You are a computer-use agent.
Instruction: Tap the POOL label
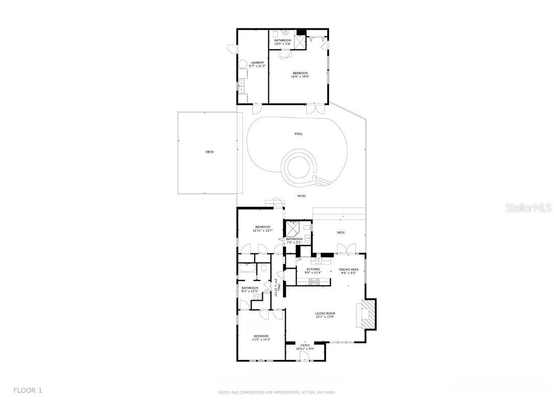click(x=298, y=134)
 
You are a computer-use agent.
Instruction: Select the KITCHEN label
click(x=313, y=269)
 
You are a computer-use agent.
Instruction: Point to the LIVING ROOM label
click(x=324, y=314)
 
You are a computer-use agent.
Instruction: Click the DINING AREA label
click(x=348, y=269)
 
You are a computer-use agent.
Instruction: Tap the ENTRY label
click(x=305, y=346)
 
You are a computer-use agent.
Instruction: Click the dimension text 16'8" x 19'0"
click(x=300, y=76)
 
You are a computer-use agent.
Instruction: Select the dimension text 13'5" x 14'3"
click(x=261, y=340)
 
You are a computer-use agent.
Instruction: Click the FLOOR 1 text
click(x=28, y=391)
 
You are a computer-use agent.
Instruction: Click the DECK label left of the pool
click(x=210, y=152)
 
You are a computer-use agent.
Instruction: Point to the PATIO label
click(x=301, y=196)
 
